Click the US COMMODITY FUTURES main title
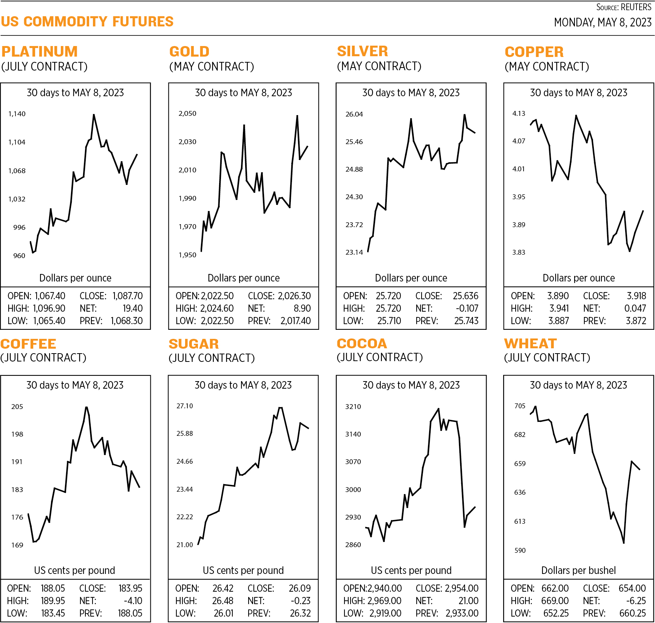coord(87,22)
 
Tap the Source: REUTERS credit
coord(624,7)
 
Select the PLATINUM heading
coord(39,51)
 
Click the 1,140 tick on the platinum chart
coord(17,114)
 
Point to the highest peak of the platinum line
coord(94,115)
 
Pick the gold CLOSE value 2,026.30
coord(294,296)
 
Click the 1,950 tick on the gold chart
coord(187,255)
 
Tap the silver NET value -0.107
coord(467,308)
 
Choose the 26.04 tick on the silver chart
coord(354,114)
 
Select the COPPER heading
coord(534,52)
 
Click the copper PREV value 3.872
coord(636,321)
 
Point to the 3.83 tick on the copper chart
coord(519,252)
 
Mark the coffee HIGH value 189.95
coord(53,600)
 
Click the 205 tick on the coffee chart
coord(17,406)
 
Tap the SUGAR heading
coord(193,344)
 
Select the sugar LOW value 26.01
coord(224,613)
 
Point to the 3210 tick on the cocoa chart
coord(353,406)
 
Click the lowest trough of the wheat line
coord(624,543)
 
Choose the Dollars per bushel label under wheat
coord(578,570)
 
